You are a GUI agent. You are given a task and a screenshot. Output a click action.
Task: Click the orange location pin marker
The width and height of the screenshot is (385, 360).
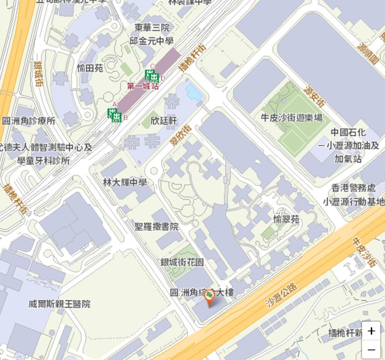(209, 298)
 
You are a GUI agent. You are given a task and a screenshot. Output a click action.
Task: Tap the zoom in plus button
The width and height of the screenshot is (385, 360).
(371, 331)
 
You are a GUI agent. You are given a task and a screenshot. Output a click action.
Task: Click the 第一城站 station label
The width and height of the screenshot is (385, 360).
(143, 86)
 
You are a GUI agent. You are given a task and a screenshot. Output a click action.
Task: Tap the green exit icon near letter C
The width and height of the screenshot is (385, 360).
(152, 75)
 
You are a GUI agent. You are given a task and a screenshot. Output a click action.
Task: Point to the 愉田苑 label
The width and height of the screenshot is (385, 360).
(90, 68)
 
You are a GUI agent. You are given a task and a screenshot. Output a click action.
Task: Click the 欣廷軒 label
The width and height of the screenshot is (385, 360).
(164, 120)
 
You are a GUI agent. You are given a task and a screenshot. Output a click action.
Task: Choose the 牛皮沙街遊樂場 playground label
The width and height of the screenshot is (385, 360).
(292, 117)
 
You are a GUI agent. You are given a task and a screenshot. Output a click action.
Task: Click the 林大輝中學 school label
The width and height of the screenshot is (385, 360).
(124, 182)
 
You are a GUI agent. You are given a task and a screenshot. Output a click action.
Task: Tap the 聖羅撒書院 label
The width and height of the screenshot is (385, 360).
(156, 227)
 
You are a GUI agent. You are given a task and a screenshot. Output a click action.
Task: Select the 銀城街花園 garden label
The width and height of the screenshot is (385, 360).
(182, 262)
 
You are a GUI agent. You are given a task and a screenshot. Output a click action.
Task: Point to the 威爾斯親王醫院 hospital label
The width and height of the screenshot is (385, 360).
(60, 304)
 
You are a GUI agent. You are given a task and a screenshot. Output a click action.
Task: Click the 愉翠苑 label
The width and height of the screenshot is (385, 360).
(286, 219)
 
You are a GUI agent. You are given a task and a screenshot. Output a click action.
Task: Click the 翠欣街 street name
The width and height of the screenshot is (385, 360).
(180, 135)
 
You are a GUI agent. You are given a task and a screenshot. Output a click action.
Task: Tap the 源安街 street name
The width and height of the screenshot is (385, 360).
(314, 97)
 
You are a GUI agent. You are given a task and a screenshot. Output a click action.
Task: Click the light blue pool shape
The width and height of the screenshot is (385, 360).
(194, 92)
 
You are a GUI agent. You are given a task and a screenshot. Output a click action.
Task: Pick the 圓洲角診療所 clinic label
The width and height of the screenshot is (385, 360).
(29, 121)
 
